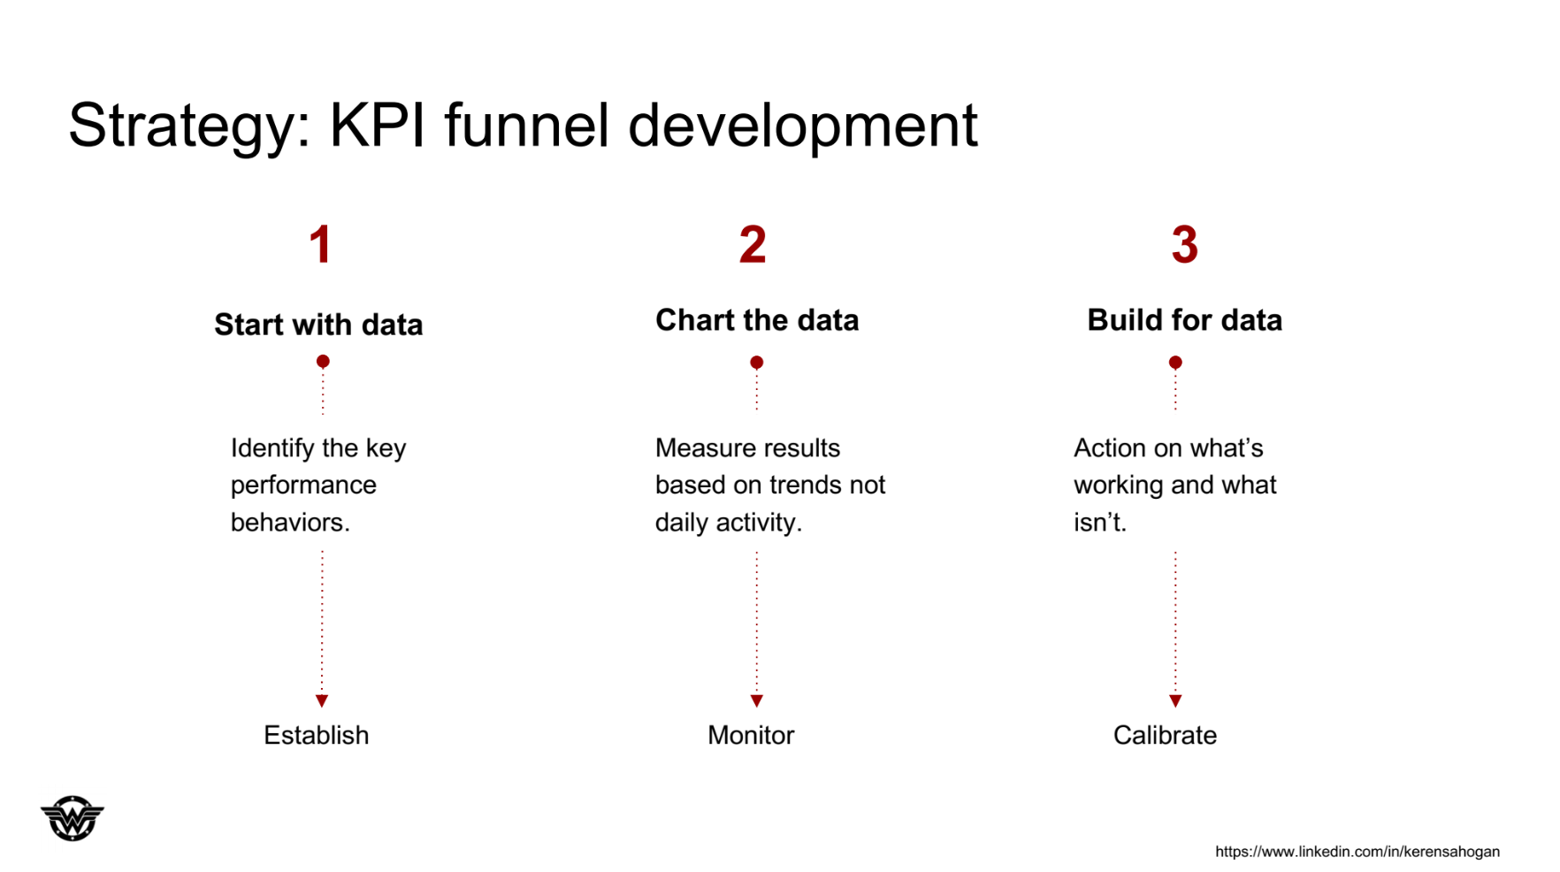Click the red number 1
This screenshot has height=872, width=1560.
click(x=320, y=244)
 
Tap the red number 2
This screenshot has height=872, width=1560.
click(x=753, y=244)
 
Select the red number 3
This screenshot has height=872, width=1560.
click(x=1184, y=244)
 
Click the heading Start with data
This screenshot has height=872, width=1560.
click(x=318, y=325)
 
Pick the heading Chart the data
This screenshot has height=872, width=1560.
click(x=757, y=320)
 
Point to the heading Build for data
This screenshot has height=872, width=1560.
click(x=1184, y=320)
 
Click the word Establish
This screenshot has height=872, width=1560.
click(x=316, y=735)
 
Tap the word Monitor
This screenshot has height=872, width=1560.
click(x=751, y=735)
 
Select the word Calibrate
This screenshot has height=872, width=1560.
click(x=1165, y=735)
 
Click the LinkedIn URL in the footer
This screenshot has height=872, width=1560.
click(x=1357, y=852)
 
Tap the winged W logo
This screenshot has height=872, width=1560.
click(x=73, y=817)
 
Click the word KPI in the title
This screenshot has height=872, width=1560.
click(x=378, y=125)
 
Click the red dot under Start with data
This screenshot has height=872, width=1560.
click(x=323, y=361)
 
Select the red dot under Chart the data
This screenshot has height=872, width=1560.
click(x=756, y=362)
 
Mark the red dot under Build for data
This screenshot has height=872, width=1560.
click(x=1175, y=362)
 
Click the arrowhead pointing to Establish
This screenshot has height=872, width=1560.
click(x=322, y=700)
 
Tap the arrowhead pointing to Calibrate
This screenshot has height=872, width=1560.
click(x=1175, y=700)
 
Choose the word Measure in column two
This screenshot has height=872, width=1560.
click(x=700, y=447)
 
